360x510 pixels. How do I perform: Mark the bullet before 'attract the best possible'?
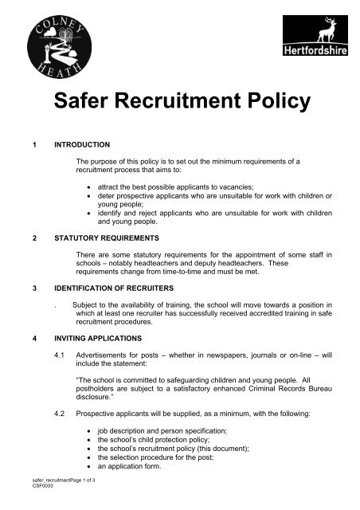tap(89, 194)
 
